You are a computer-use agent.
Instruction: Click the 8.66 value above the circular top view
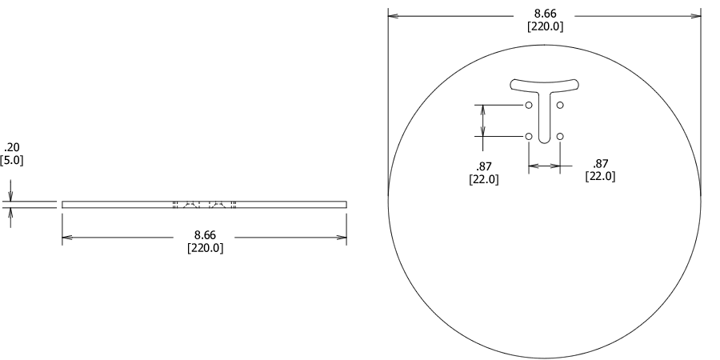[x=544, y=14]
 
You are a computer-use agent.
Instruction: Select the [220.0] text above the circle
[x=544, y=26]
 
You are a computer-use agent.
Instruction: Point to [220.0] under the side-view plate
[x=205, y=248]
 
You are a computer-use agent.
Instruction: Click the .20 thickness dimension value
[x=11, y=147]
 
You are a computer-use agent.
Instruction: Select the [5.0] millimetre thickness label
[x=11, y=160]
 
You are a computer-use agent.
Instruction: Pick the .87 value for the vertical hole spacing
[x=483, y=166]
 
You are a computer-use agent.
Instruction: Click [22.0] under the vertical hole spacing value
[x=483, y=179]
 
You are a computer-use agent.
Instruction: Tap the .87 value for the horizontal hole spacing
[x=600, y=163]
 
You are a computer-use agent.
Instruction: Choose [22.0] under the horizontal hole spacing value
[x=600, y=176]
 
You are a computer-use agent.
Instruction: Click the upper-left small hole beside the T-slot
[x=529, y=105]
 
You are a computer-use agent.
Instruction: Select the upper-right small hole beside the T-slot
[x=560, y=105]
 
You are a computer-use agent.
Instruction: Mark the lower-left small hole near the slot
[x=529, y=137]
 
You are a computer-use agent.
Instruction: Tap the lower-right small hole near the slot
[x=560, y=137]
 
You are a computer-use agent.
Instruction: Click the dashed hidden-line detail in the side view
[x=205, y=205]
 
